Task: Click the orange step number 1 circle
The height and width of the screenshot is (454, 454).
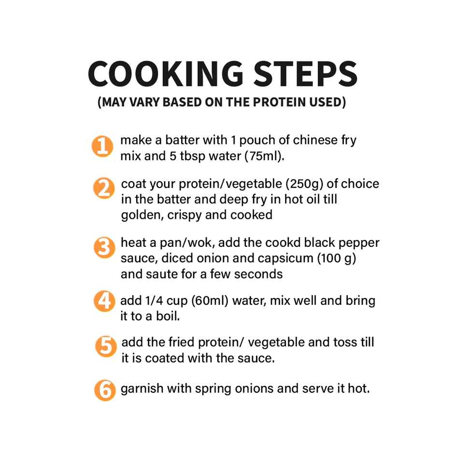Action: click(102, 146)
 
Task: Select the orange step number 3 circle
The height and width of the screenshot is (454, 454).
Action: click(103, 248)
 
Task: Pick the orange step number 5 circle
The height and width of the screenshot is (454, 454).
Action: click(105, 347)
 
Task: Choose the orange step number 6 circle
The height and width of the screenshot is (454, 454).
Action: click(104, 390)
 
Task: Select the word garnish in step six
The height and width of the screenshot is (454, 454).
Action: click(139, 388)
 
